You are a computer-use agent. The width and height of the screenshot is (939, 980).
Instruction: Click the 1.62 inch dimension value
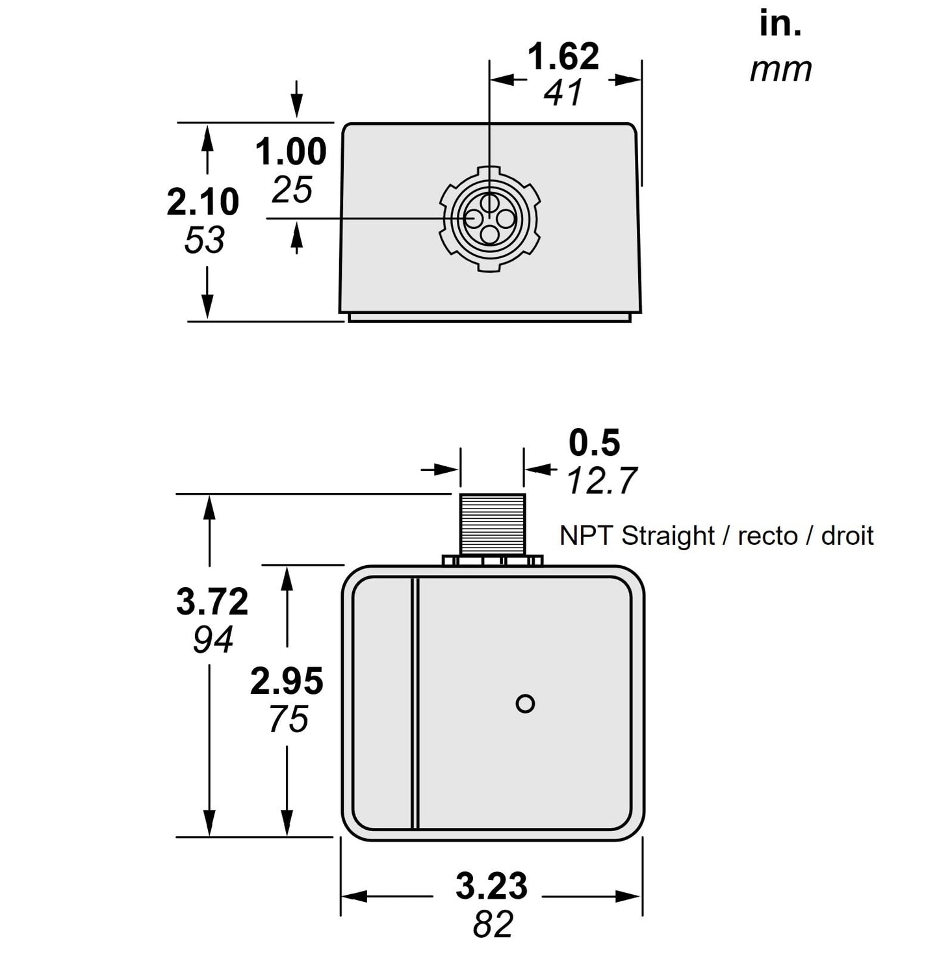563,57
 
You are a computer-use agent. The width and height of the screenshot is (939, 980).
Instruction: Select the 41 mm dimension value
563,93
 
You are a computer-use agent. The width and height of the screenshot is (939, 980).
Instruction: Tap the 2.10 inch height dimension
203,202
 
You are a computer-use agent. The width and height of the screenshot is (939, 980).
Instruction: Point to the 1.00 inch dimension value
290,152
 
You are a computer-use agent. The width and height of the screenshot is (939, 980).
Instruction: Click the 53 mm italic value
204,240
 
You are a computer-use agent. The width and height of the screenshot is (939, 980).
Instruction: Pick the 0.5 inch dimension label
594,443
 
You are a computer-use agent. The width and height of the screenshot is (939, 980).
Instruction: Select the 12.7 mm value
602,481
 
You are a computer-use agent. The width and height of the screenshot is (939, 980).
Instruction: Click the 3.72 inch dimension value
212,602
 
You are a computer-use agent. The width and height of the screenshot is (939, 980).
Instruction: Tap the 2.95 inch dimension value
287,682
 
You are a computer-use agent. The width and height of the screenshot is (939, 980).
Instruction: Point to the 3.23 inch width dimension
491,886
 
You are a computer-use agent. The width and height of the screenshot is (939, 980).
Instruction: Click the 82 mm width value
493,924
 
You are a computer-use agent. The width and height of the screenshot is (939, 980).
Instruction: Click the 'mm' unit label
780,70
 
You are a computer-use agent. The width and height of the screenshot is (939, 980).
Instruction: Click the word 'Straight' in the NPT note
668,536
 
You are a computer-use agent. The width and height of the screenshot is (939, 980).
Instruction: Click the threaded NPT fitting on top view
493,524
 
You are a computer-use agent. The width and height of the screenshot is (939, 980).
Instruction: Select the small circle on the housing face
525,704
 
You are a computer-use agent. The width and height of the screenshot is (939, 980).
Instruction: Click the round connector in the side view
490,219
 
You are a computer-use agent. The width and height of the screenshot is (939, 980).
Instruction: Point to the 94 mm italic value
212,640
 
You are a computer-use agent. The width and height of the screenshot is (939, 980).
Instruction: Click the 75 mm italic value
288,719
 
